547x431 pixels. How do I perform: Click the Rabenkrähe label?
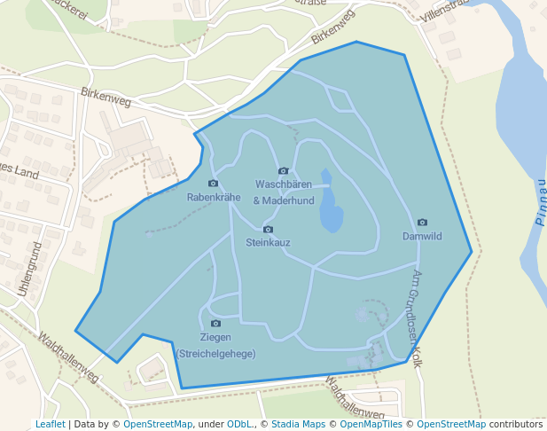click(x=214, y=198)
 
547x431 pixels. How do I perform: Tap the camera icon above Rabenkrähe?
click(x=213, y=184)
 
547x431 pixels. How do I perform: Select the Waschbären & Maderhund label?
click(x=284, y=192)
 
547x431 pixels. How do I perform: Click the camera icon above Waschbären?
click(x=284, y=171)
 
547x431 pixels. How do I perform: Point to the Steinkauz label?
click(x=268, y=242)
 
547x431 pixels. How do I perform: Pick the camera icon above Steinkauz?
click(x=268, y=230)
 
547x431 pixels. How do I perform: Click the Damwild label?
click(x=422, y=237)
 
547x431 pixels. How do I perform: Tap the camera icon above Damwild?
click(x=422, y=223)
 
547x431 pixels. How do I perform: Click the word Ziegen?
click(x=215, y=338)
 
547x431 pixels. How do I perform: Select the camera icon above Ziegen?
click(x=215, y=324)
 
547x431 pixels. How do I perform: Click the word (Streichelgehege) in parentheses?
click(x=215, y=354)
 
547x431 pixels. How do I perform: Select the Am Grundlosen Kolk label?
click(x=418, y=318)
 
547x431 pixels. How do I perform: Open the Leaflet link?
click(x=50, y=425)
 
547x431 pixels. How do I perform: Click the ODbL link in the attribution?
click(x=239, y=425)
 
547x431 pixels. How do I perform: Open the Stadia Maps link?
click(x=298, y=425)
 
